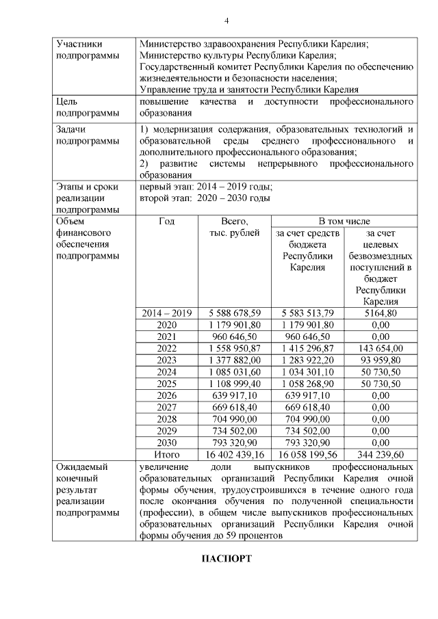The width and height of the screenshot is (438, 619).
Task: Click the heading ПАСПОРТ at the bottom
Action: click(227, 559)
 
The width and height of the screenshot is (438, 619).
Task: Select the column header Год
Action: click(166, 222)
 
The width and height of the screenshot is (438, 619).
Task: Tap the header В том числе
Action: click(344, 222)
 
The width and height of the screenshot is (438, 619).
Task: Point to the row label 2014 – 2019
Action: click(166, 313)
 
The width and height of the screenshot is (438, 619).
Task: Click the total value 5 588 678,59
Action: click(235, 313)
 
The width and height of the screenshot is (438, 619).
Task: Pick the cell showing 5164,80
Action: click(381, 313)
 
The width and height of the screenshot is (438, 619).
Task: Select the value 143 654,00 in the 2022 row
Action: click(381, 348)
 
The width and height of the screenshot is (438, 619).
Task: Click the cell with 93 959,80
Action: click(381, 360)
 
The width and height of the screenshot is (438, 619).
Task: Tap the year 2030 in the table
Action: click(166, 442)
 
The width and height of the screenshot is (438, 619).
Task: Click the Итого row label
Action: click(166, 453)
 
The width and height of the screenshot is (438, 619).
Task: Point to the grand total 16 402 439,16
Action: click(235, 453)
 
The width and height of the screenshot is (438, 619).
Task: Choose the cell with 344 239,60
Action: click(381, 453)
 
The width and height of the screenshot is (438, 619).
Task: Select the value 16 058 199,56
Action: click(307, 453)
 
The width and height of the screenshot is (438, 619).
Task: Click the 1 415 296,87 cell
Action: click(307, 348)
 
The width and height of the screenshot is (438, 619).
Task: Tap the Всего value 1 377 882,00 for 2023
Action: click(235, 360)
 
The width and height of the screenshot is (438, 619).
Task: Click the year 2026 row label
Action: click(166, 395)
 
